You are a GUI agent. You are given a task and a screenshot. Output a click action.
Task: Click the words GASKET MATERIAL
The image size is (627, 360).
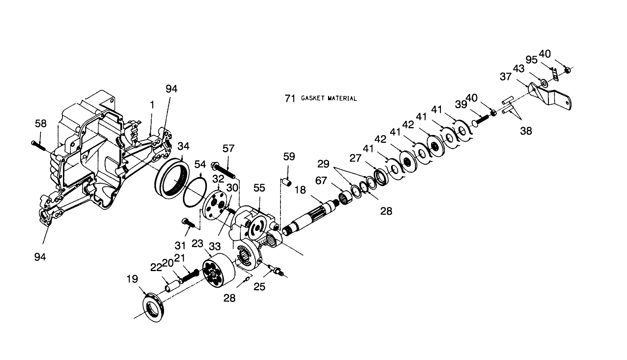point(329,98)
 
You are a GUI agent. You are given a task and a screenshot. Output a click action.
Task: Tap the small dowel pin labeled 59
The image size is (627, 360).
point(288,182)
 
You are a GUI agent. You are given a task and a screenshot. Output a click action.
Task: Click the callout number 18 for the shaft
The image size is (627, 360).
point(300,190)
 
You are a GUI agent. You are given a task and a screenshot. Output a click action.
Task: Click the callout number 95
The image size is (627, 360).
point(531,60)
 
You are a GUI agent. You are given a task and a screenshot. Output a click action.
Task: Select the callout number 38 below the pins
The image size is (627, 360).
point(526,131)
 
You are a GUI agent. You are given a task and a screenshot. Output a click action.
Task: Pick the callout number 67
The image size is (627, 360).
point(321,181)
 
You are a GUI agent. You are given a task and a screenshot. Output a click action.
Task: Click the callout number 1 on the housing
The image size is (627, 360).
point(152,105)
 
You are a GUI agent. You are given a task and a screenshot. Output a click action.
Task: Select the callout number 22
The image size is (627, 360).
point(156,267)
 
